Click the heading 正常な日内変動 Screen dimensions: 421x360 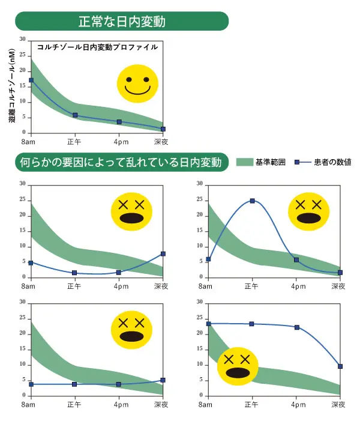pyautogui.click(x=122, y=22)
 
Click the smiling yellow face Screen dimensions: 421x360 pyautogui.click(x=137, y=84)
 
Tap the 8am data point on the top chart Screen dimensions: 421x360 pyautogui.click(x=31, y=80)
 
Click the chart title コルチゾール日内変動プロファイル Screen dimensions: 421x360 pyautogui.click(x=97, y=47)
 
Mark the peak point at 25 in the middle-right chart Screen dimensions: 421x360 pyautogui.click(x=252, y=201)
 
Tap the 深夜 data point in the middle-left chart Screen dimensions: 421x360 pyautogui.click(x=163, y=253)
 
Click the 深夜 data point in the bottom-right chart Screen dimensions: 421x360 pyautogui.click(x=340, y=366)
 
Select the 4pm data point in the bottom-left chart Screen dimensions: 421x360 pyautogui.click(x=119, y=384)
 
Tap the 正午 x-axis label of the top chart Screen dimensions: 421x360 pyautogui.click(x=75, y=142)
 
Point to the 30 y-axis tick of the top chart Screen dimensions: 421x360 pyautogui.click(x=23, y=39)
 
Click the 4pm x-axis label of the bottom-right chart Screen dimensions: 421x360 pyautogui.click(x=296, y=405)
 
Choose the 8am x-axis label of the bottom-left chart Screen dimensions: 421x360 pyautogui.click(x=28, y=405)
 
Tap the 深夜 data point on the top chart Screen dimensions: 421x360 pyautogui.click(x=163, y=129)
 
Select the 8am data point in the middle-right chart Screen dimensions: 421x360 pyautogui.click(x=208, y=259)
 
